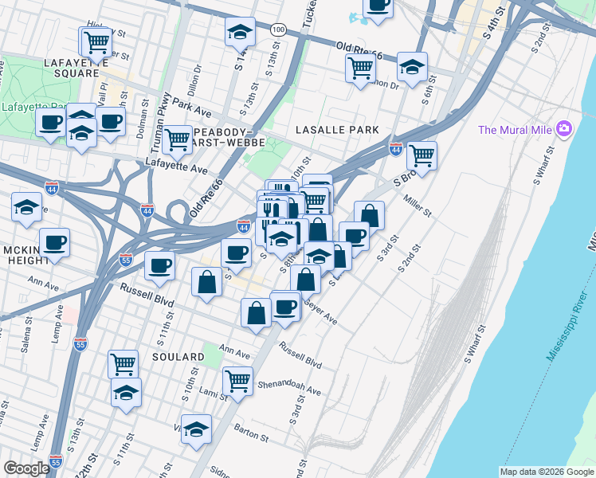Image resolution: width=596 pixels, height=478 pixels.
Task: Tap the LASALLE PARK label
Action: (x=335, y=129)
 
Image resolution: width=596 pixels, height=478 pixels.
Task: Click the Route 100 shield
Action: (x=277, y=29)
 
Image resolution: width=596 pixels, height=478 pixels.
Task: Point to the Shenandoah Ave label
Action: (x=293, y=386)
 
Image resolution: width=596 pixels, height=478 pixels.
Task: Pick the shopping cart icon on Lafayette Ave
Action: (x=177, y=139)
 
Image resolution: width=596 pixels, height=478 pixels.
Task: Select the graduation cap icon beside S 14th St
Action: (x=239, y=32)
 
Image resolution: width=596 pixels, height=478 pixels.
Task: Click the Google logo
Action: (x=26, y=468)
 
